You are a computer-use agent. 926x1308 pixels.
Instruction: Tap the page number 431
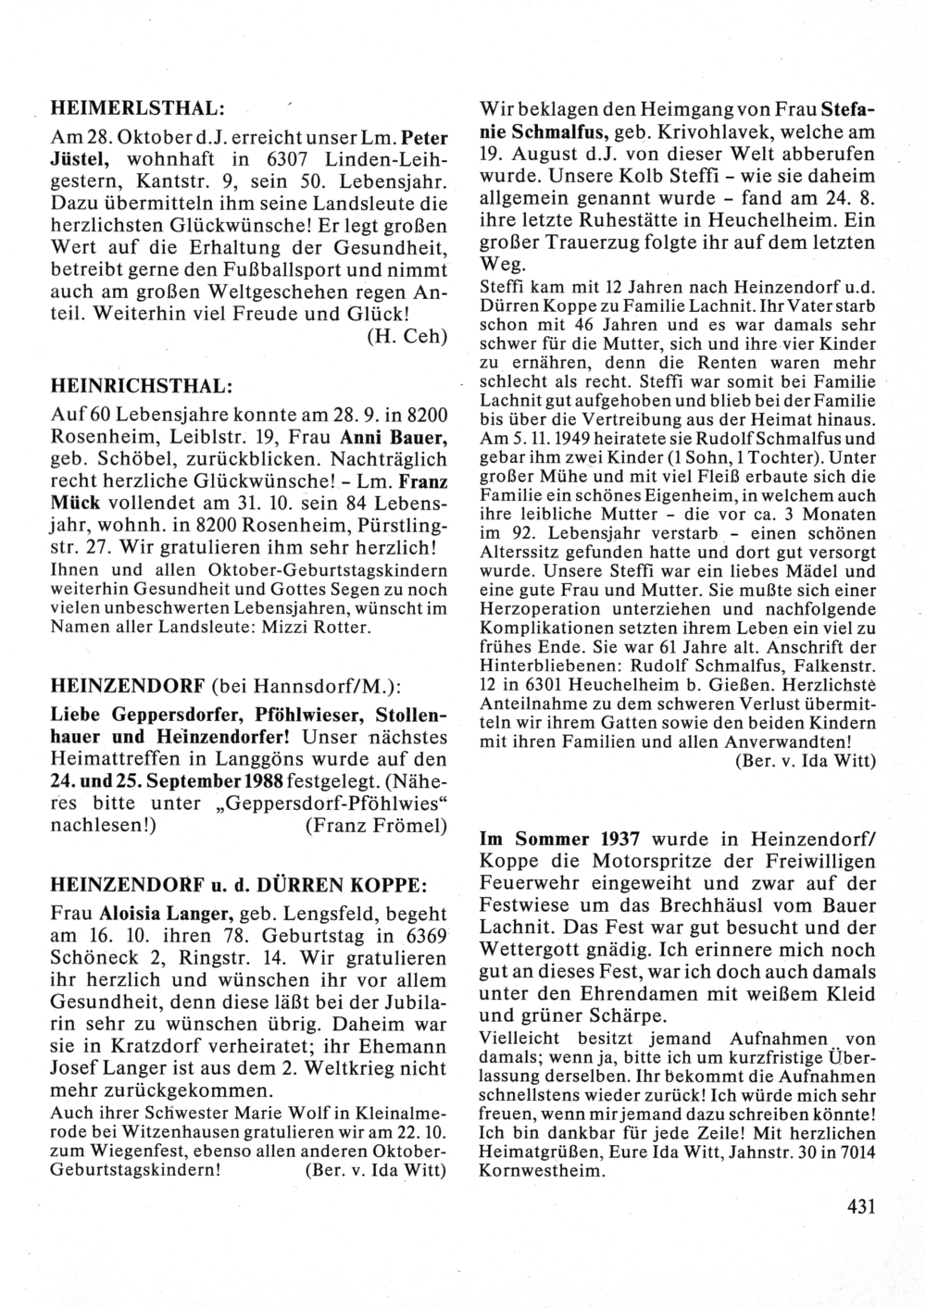click(x=860, y=1207)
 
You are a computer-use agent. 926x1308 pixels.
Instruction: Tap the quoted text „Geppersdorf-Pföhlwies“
click(x=342, y=803)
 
